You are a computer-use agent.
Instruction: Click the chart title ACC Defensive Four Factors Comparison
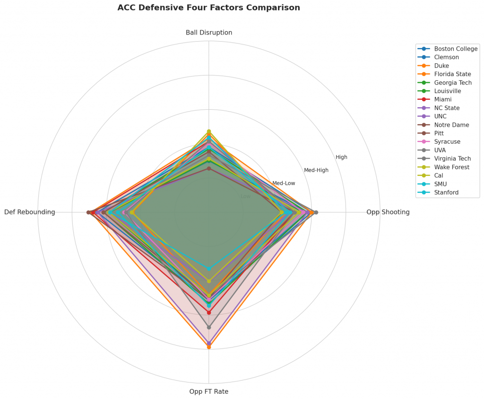click(208, 8)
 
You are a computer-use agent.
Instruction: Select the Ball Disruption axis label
click(209, 33)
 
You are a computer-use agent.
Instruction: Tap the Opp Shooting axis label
click(388, 212)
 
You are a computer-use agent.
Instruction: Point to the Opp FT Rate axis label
click(209, 391)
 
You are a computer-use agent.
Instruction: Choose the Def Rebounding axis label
click(30, 212)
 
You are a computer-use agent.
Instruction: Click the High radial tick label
click(341, 157)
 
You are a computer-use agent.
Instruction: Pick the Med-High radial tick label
click(316, 170)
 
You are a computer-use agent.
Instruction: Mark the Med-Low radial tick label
click(284, 183)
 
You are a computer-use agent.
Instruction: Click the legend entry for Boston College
click(456, 49)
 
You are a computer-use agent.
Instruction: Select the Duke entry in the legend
click(441, 66)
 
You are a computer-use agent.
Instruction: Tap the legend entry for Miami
click(443, 99)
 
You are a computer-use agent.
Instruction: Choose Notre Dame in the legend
click(451, 125)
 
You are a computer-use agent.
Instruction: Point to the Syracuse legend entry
click(447, 142)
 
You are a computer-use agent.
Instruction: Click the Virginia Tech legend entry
click(452, 159)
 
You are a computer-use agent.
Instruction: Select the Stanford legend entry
click(447, 192)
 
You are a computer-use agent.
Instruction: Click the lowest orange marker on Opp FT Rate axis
click(209, 347)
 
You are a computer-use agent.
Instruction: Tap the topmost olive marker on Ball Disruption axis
click(209, 131)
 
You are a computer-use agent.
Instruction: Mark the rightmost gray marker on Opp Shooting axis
click(316, 212)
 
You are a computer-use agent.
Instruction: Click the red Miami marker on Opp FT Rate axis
click(209, 312)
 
